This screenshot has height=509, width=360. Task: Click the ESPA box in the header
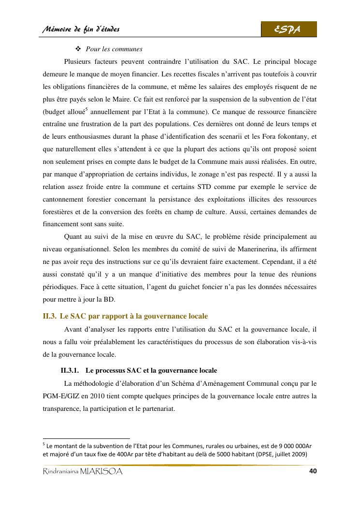point(288,29)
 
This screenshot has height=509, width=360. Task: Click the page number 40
point(312,471)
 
